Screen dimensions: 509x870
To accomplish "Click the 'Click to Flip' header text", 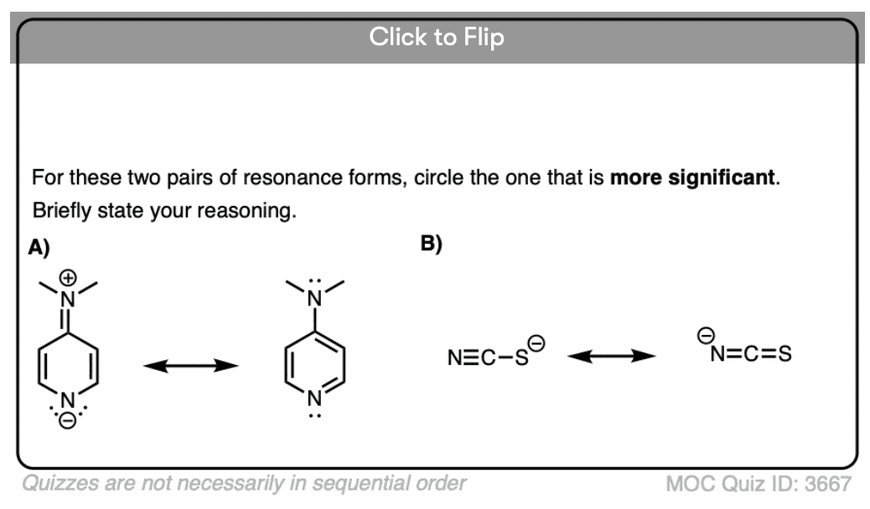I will pos(437,37).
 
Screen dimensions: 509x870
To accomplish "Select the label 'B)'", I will pos(432,244).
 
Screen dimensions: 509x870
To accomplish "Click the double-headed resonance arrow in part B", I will pos(611,356).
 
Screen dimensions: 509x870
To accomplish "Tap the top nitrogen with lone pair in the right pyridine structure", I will pos(313,296).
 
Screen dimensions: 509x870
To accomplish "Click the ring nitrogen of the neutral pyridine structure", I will pos(313,398).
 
